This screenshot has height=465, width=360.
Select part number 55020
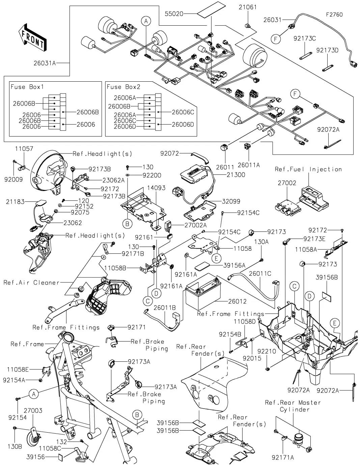(174, 14)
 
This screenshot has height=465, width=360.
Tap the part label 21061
(248, 7)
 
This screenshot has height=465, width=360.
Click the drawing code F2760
(334, 15)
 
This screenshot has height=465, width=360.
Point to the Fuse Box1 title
(27, 87)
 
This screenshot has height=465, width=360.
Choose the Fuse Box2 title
(123, 87)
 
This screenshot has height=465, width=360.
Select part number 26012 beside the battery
(237, 301)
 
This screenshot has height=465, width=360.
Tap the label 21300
(236, 175)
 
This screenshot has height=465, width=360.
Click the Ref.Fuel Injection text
(308, 169)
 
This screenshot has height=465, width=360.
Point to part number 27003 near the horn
(33, 411)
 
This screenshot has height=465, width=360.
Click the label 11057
(24, 148)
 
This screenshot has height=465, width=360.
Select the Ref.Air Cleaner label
(31, 282)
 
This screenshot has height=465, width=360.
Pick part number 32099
(231, 201)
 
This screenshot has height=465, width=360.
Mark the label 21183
(15, 201)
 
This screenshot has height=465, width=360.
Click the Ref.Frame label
(27, 344)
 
